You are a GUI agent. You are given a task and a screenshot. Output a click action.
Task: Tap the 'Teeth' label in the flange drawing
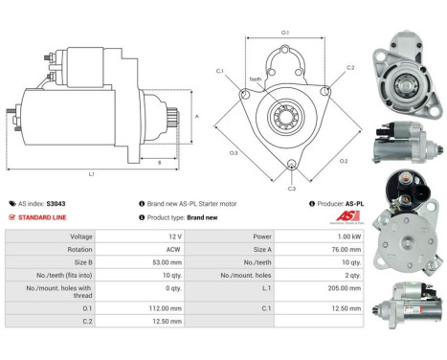pos(256,79)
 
